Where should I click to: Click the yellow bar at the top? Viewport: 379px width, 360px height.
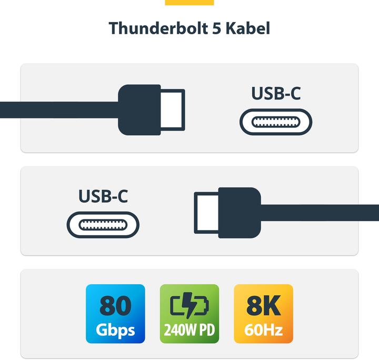click(x=189, y=2)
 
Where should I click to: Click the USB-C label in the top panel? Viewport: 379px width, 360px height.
click(x=276, y=93)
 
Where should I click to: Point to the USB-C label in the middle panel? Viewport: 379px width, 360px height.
click(x=103, y=196)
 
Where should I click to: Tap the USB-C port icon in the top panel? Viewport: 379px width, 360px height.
click(x=276, y=122)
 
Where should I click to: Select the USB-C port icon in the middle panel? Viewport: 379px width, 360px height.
click(x=103, y=225)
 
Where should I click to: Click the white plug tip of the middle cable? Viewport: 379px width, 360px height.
click(x=206, y=213)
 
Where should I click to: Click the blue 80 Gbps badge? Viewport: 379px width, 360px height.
click(x=115, y=314)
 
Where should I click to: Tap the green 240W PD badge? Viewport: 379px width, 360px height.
click(x=189, y=314)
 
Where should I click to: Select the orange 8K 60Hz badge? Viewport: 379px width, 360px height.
click(x=263, y=314)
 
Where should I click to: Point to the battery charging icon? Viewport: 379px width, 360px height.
click(x=189, y=305)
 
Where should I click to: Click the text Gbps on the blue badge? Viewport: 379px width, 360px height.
click(x=115, y=331)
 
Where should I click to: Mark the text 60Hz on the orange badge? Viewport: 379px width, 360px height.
click(x=263, y=331)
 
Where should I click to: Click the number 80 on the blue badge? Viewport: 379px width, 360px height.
click(x=115, y=306)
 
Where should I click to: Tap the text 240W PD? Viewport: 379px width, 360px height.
click(x=189, y=331)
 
